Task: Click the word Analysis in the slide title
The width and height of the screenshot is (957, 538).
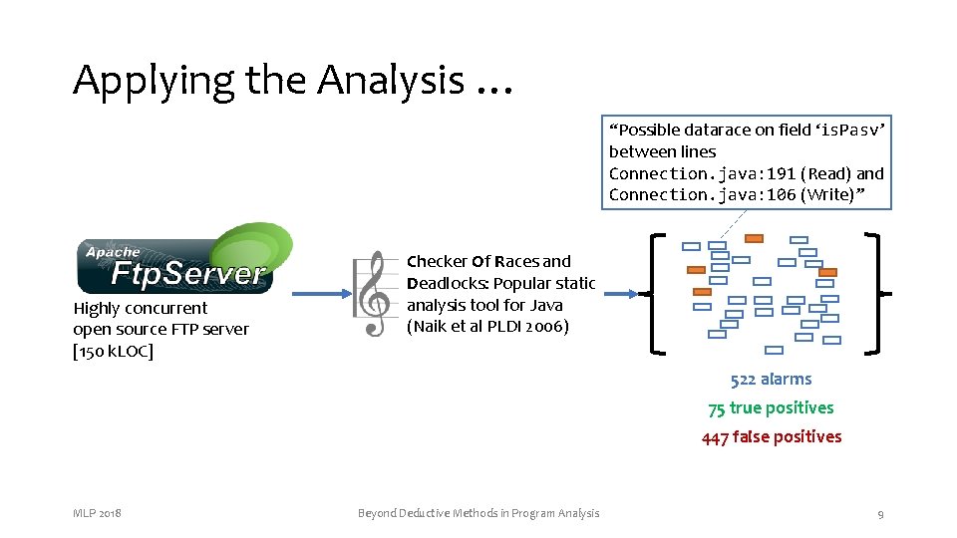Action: point(391,80)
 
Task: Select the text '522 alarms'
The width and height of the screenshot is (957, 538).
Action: point(771,380)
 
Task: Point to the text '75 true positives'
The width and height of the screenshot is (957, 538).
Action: point(771,408)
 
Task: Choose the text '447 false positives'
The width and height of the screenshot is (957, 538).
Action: point(771,437)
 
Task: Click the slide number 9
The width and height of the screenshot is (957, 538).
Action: point(880,513)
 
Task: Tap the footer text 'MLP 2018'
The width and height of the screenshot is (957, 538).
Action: point(98,513)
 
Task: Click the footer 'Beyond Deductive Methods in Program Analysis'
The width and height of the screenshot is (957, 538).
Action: point(478,513)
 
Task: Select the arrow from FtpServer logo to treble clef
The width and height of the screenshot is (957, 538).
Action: point(317,294)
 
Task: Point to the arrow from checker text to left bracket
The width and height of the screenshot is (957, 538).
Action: point(618,294)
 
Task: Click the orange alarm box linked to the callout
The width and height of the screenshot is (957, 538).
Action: point(754,238)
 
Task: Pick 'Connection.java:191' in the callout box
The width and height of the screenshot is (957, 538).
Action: point(702,173)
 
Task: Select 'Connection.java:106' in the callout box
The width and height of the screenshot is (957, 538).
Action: point(702,195)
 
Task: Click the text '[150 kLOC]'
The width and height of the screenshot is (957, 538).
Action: point(114,351)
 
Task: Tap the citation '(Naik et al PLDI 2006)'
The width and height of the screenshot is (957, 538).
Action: point(487,327)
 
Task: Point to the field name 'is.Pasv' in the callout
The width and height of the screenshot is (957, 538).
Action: point(850,131)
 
